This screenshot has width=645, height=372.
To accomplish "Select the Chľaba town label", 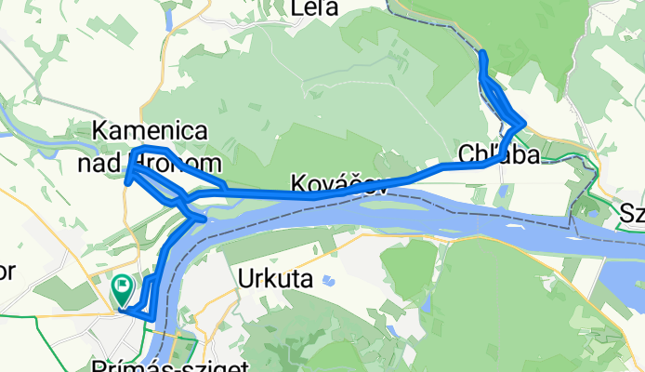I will (497, 155).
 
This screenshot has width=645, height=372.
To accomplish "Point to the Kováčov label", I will (338, 183).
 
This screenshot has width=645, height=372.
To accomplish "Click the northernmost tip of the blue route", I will (482, 53).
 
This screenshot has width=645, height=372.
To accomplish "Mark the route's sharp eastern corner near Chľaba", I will (525, 123).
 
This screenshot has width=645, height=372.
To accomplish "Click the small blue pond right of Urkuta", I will (327, 279).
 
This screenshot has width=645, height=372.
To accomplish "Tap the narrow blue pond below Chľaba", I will (502, 193).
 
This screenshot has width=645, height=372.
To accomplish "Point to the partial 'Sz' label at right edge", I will (633, 214).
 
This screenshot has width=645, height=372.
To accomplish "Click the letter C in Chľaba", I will (467, 155).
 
